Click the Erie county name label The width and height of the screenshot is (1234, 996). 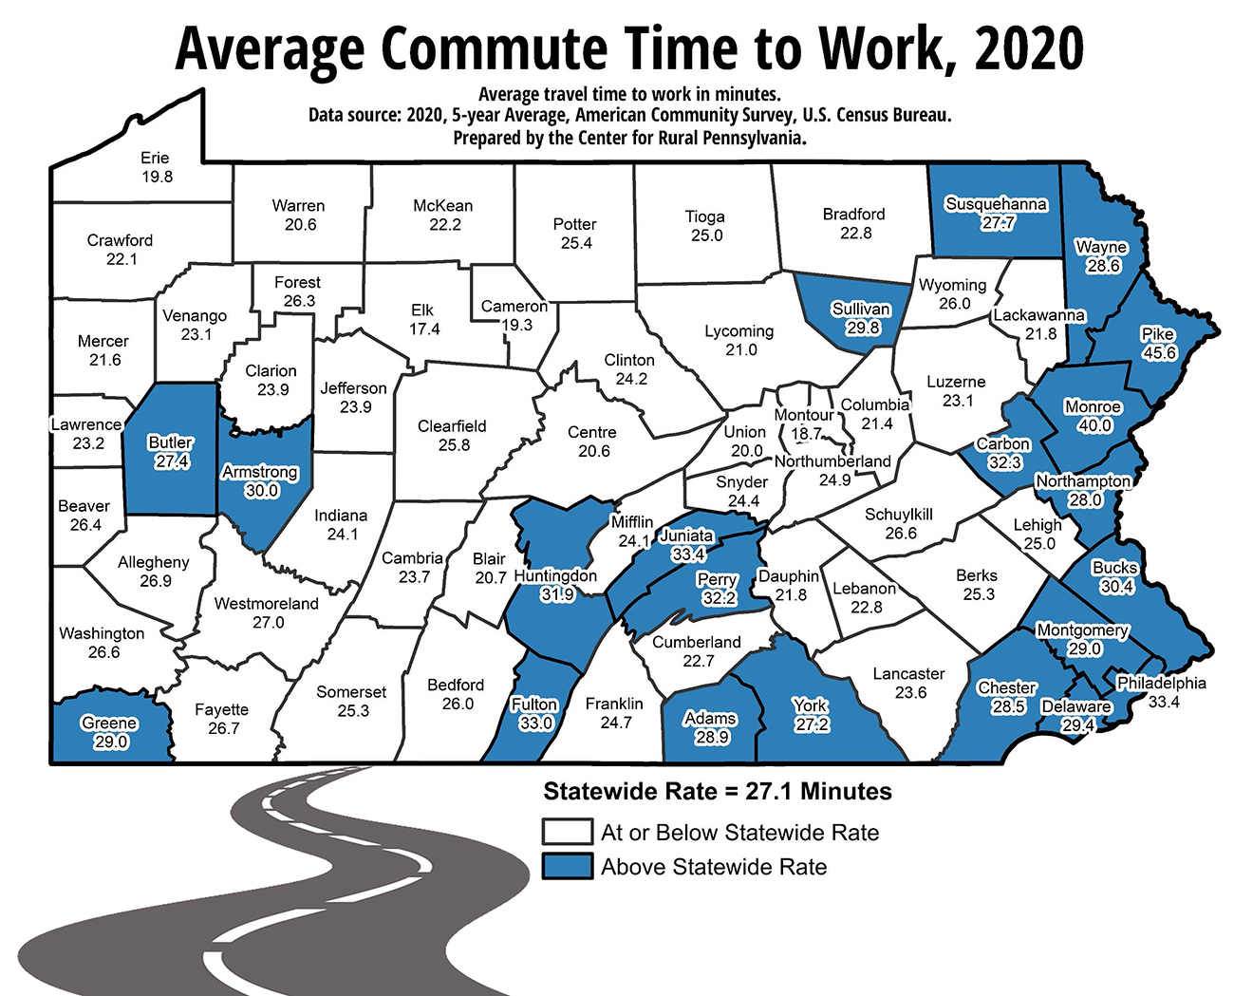[155, 158]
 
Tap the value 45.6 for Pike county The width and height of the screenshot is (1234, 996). [1159, 353]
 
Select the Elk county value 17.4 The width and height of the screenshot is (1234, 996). [424, 329]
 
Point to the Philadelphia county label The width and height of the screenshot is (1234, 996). [1161, 683]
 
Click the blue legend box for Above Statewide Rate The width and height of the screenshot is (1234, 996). [567, 866]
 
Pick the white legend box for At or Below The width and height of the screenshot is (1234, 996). [567, 832]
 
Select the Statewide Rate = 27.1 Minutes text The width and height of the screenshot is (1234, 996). [718, 792]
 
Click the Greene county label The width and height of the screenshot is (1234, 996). [109, 723]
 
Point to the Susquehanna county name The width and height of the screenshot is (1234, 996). [996, 204]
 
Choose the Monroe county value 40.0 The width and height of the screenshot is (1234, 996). [1094, 425]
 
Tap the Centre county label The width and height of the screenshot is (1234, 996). [592, 432]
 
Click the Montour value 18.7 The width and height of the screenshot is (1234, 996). [807, 434]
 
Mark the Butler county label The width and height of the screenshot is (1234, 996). [171, 442]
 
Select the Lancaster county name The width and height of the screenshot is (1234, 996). [908, 673]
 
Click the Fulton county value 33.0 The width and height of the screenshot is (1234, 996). [535, 723]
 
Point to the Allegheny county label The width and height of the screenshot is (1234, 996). [154, 562]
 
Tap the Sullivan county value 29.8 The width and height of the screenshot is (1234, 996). [862, 328]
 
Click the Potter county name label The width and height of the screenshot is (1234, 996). [574, 224]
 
